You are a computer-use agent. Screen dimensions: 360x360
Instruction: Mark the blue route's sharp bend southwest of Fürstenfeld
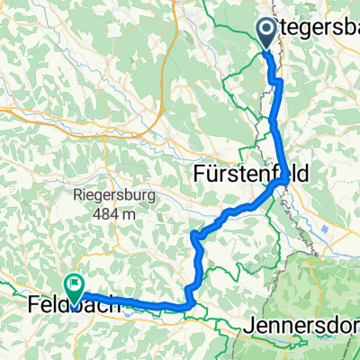click(x=194, y=235)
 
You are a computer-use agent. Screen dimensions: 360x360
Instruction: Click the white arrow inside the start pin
click(x=269, y=30)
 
